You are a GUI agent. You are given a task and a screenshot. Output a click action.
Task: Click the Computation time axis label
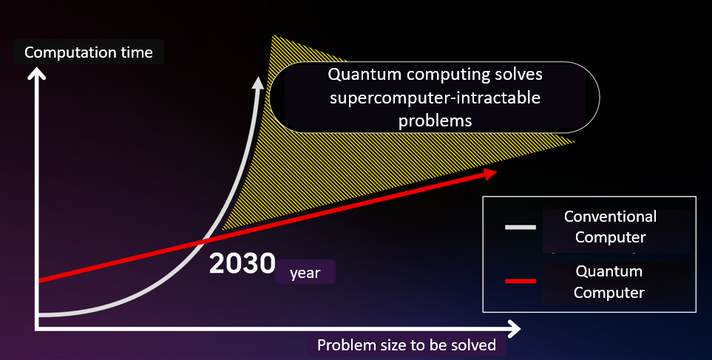click(89, 52)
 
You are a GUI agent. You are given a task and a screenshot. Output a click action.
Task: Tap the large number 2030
click(242, 264)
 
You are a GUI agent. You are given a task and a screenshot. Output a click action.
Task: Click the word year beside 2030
click(305, 273)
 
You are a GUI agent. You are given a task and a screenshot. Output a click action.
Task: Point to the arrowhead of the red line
click(489, 172)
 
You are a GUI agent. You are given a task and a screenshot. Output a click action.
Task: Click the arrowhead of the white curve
click(257, 82)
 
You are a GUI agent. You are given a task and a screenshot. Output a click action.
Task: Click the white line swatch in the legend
click(520, 227)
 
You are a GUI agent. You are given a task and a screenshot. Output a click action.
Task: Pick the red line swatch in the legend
click(520, 281)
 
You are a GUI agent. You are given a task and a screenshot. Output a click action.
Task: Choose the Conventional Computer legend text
click(610, 227)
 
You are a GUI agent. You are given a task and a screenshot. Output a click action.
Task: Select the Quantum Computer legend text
click(609, 282)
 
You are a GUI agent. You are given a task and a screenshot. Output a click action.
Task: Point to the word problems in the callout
click(435, 120)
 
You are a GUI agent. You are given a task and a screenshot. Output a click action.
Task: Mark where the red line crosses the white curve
click(203, 240)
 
